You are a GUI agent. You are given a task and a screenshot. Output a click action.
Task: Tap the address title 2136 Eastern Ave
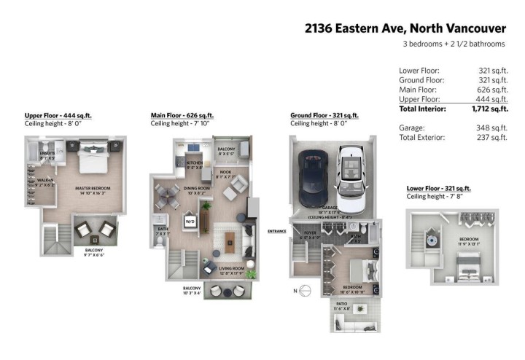[405, 28]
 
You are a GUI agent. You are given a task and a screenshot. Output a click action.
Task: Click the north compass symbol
[306, 291]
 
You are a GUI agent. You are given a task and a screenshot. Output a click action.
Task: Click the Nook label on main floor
[226, 173]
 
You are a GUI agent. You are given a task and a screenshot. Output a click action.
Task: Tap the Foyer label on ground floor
[308, 235]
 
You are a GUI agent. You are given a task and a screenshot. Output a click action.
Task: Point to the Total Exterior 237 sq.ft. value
[494, 136]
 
